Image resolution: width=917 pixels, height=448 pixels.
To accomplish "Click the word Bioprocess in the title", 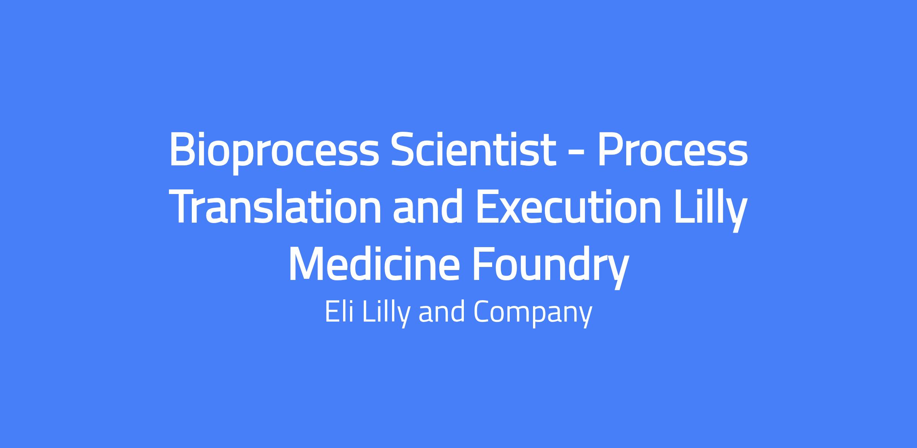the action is pyautogui.click(x=274, y=152).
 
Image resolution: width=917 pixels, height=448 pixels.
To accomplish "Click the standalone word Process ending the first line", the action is pyautogui.click(x=672, y=150).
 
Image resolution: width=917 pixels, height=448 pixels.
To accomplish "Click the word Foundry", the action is pyautogui.click(x=550, y=267).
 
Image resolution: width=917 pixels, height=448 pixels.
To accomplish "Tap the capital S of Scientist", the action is pyautogui.click(x=403, y=149).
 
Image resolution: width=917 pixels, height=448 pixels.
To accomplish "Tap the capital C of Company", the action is pyautogui.click(x=483, y=312).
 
